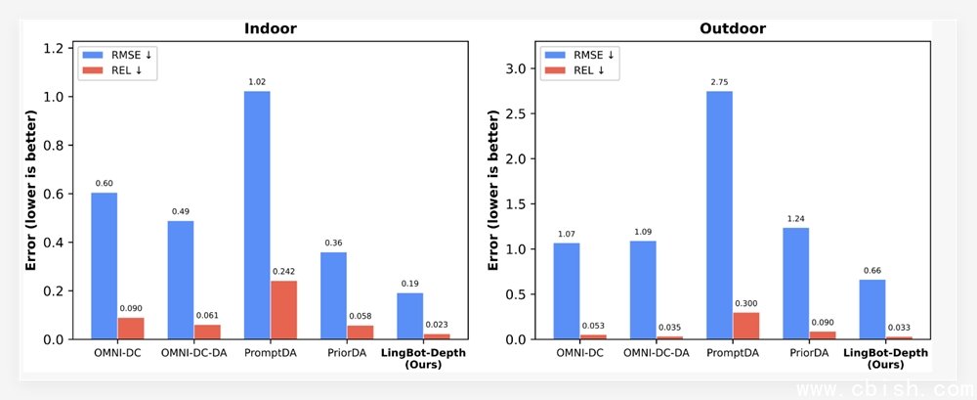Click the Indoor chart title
(270, 28)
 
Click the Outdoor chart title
(733, 28)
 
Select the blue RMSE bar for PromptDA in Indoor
(257, 215)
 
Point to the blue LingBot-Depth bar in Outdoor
(872, 309)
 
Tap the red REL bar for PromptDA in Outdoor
(745, 326)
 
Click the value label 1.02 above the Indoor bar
(257, 82)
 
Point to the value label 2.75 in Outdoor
(719, 82)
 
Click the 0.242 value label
(283, 272)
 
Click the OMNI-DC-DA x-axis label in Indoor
(193, 352)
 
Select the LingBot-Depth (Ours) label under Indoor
(422, 358)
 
